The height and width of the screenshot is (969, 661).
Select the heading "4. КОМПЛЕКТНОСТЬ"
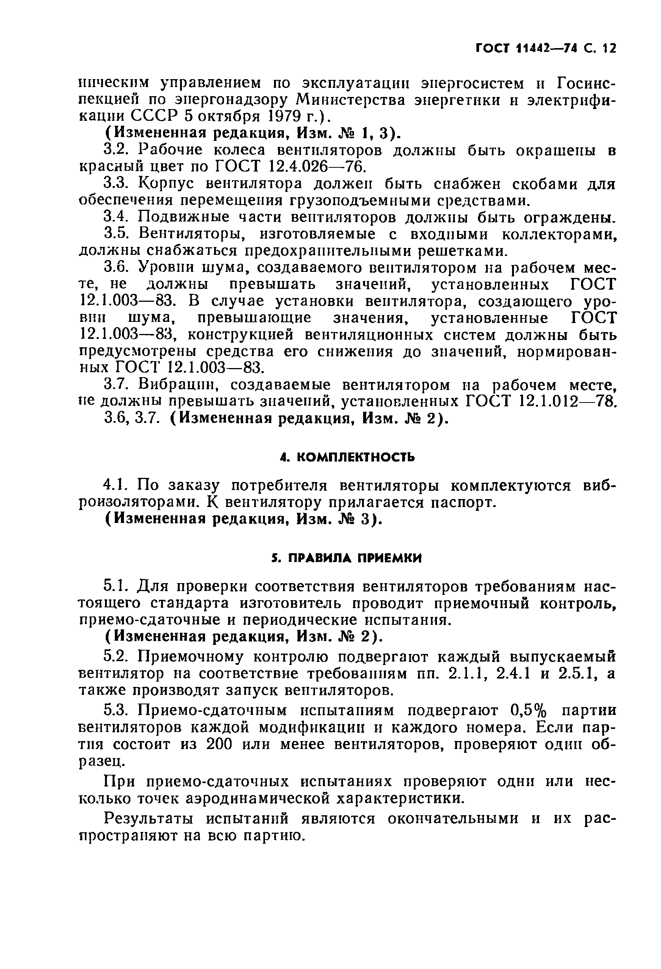click(347, 457)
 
